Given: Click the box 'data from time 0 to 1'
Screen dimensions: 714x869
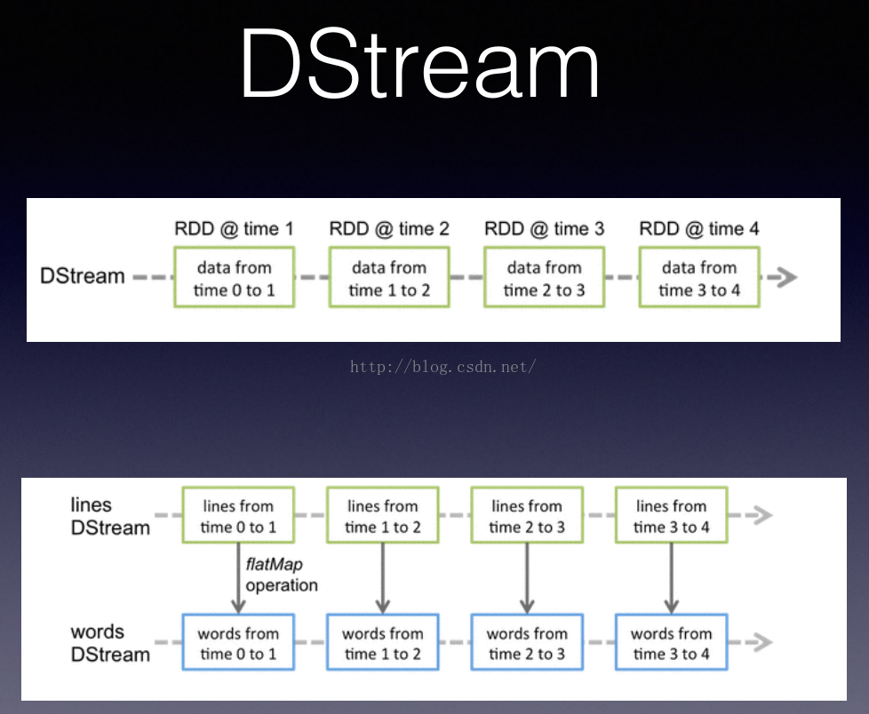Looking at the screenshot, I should click(x=234, y=278).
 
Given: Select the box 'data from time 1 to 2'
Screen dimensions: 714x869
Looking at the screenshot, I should click(x=389, y=278).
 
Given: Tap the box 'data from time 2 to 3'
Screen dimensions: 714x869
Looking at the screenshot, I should click(x=544, y=278).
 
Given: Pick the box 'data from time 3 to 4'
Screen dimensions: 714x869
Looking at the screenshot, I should click(x=699, y=278).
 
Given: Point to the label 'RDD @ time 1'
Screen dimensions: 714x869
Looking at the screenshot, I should click(x=234, y=229).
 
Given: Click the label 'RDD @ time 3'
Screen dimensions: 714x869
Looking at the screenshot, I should click(x=544, y=229).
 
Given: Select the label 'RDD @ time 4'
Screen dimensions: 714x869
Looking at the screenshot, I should click(x=699, y=229).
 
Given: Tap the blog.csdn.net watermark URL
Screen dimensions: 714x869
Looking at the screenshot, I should click(x=442, y=366).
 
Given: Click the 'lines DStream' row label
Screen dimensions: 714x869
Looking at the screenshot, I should click(x=110, y=516).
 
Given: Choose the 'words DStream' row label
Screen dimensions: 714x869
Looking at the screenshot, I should click(x=110, y=643).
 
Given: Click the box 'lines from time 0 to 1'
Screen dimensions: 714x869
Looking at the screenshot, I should click(x=238, y=516).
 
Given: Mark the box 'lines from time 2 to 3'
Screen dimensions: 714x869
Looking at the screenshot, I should click(x=527, y=516).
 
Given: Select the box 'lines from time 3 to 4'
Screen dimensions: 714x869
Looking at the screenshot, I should click(x=672, y=516).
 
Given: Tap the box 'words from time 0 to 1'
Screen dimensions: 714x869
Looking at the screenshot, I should click(x=238, y=643).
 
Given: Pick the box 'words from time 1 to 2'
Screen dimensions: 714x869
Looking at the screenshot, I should click(x=382, y=643).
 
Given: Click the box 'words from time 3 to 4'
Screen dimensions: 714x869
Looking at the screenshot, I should click(x=672, y=643).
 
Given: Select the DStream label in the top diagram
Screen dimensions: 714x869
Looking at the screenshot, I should click(x=83, y=276).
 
